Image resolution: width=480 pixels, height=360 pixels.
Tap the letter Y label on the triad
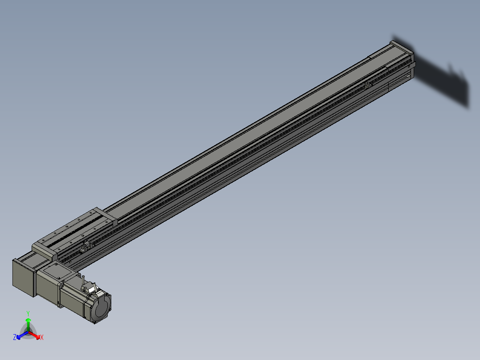(x=28, y=313)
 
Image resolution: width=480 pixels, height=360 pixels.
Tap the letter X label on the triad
(x=41, y=338)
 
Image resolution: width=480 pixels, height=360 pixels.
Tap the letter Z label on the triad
(x=15, y=338)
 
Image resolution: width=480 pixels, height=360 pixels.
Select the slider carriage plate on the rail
(x=76, y=232)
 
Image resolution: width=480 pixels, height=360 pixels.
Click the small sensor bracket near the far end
(x=367, y=85)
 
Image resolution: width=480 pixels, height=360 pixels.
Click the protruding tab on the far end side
(x=414, y=65)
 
